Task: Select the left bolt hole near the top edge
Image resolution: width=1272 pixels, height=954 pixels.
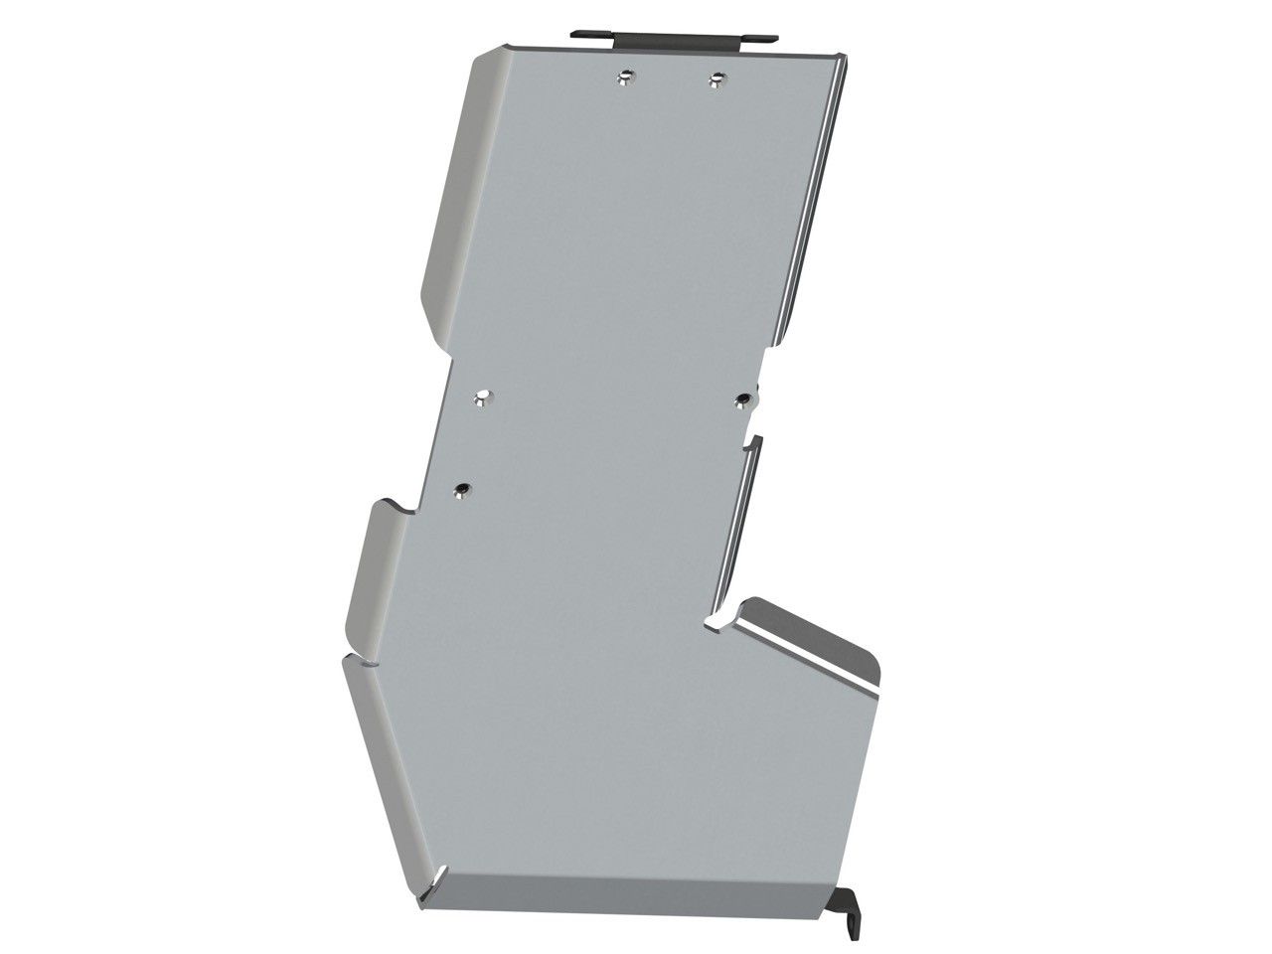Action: [624, 77]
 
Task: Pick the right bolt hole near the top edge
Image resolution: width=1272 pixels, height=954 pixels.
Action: [715, 78]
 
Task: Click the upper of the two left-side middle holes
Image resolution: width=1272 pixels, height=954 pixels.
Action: [482, 397]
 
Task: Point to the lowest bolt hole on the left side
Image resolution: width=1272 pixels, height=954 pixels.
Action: [462, 490]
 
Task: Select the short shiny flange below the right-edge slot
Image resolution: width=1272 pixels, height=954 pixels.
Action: [735, 527]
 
